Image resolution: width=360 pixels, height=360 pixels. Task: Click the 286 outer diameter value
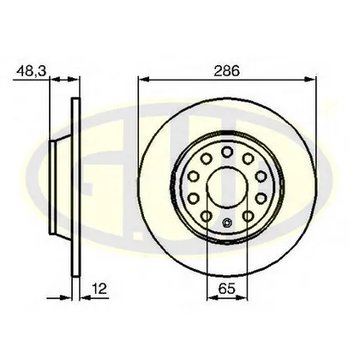point(226,70)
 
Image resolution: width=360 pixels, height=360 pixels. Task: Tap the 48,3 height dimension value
point(31,70)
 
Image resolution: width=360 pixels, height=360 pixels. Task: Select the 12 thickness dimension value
point(100,289)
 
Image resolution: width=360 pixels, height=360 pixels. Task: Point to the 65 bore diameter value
point(226,289)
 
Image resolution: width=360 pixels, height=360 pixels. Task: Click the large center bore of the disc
point(227,187)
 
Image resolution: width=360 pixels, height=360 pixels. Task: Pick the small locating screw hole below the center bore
point(227,223)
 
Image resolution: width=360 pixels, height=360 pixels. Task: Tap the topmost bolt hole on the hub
point(227,152)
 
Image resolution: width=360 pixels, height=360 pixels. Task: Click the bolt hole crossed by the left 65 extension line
point(207,216)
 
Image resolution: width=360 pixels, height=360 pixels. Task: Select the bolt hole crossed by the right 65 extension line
point(248,216)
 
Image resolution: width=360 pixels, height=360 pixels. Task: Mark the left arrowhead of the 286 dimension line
point(144,79)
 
